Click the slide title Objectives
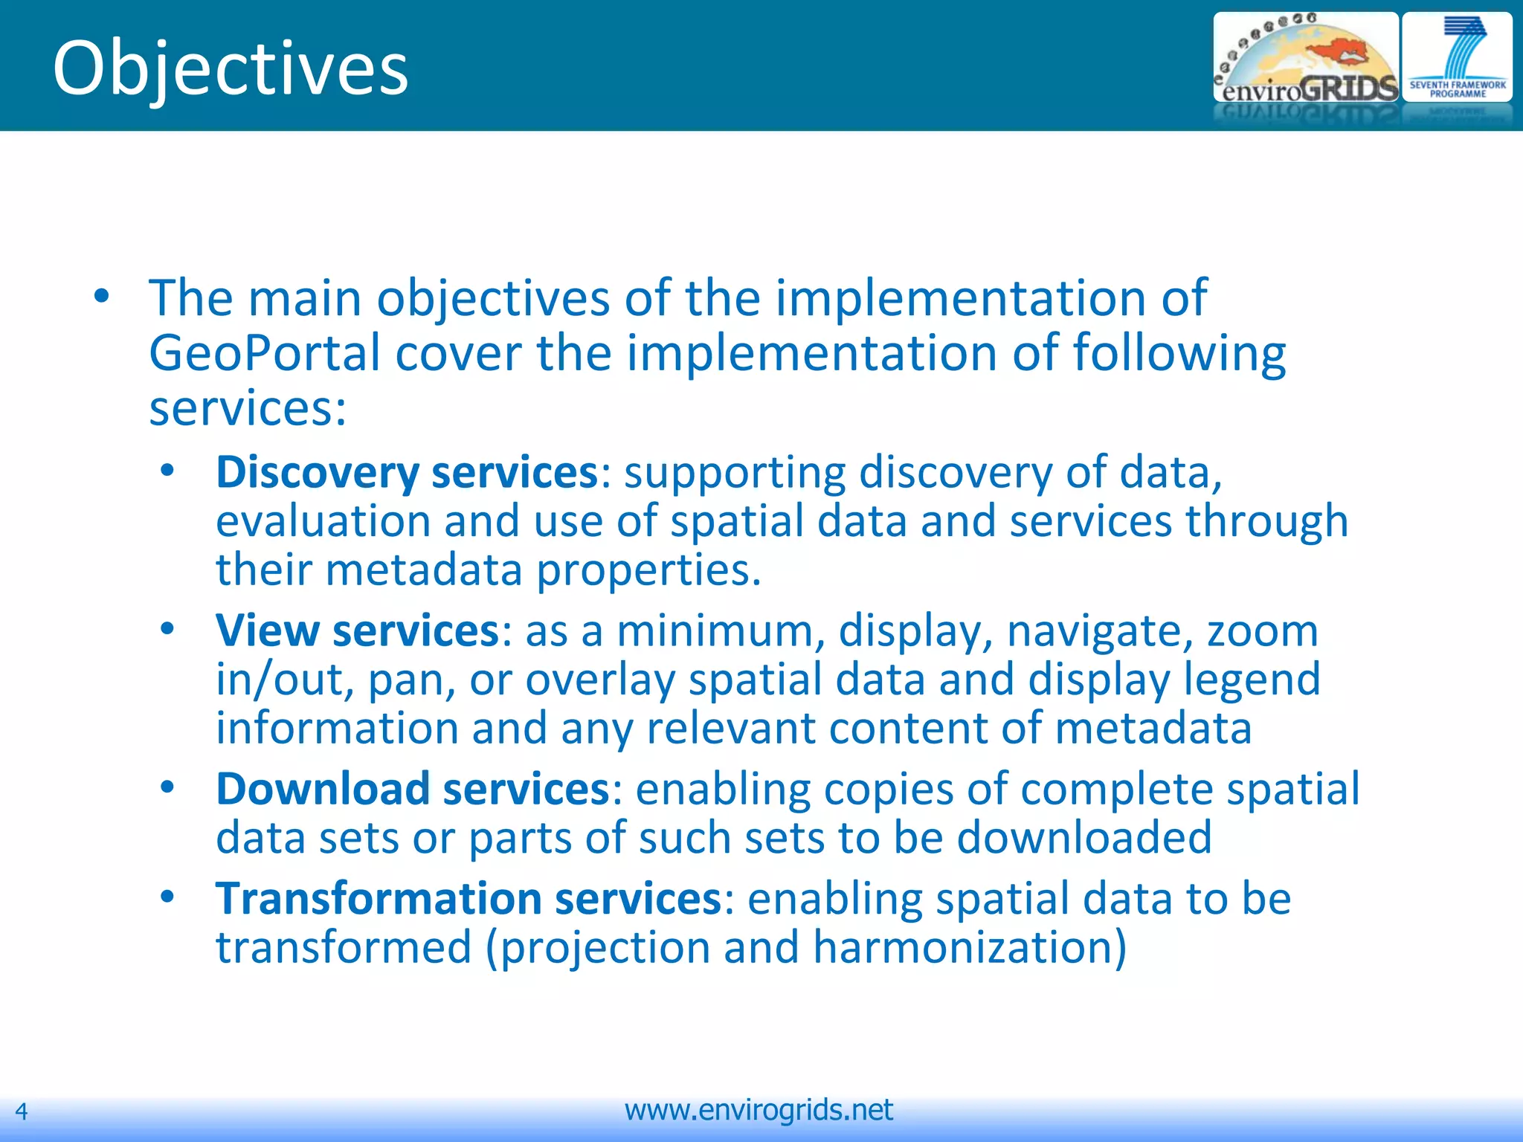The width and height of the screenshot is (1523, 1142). [231, 68]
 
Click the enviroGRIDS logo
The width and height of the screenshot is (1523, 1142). [1305, 59]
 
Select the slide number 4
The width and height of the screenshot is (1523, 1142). [22, 1112]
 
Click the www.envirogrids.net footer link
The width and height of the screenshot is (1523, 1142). [759, 1110]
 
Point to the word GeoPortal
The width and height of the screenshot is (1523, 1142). [264, 353]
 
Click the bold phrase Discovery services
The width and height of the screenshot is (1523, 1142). [407, 472]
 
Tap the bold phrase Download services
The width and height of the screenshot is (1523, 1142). [413, 789]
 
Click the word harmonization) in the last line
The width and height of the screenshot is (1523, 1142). [970, 948]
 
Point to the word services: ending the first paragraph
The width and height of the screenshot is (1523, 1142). [248, 408]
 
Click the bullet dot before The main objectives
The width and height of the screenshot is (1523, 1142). [102, 297]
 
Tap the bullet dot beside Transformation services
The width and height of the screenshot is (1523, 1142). [167, 897]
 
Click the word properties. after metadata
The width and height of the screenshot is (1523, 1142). [648, 570]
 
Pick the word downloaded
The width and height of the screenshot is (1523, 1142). [1084, 838]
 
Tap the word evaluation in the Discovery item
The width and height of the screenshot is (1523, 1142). [323, 521]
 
